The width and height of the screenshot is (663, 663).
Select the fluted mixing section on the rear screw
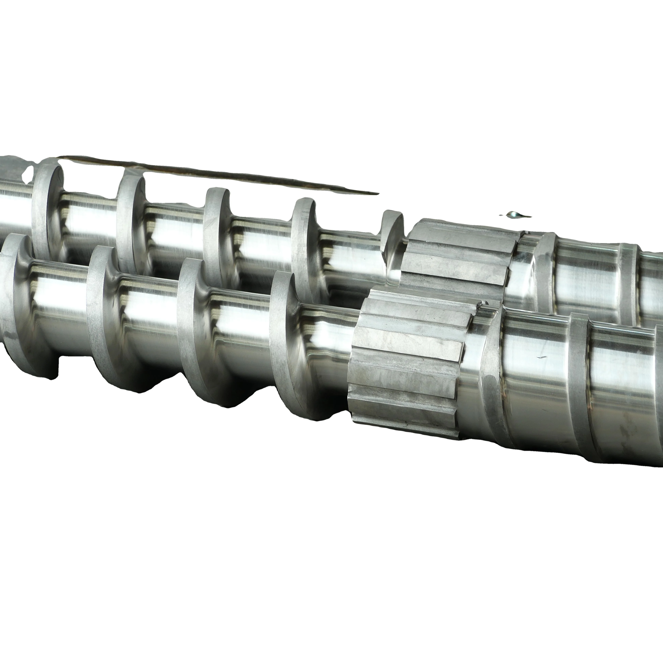(460, 254)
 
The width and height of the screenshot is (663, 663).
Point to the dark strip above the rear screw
(220, 175)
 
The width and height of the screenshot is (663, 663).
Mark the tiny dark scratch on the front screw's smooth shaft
(542, 358)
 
